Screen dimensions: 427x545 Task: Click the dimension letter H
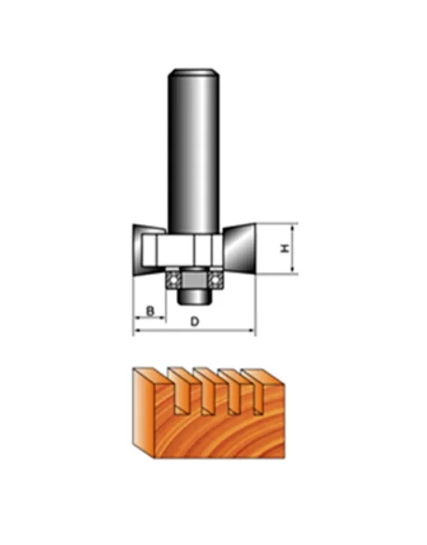(285, 248)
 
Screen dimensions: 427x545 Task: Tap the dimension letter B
(150, 311)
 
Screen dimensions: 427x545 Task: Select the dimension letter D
(195, 321)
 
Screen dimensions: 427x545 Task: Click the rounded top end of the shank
(194, 73)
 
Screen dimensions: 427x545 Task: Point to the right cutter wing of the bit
(240, 249)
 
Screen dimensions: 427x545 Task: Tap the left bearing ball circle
(172, 279)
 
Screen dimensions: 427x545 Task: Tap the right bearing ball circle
(215, 279)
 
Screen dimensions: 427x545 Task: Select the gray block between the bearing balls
(194, 279)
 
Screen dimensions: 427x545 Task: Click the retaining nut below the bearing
(194, 296)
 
